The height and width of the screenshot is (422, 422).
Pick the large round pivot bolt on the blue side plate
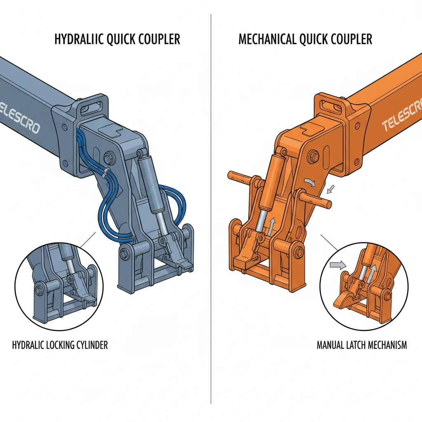(110, 157)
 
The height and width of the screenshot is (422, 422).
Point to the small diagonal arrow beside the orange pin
(331, 189)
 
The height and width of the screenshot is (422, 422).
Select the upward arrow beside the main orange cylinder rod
(271, 226)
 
